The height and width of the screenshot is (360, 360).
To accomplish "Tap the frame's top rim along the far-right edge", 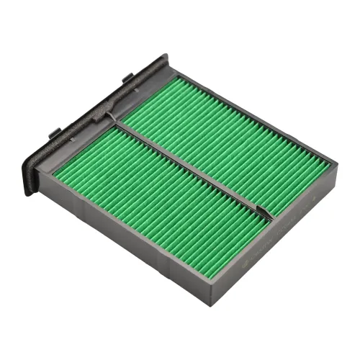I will click(x=252, y=108).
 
